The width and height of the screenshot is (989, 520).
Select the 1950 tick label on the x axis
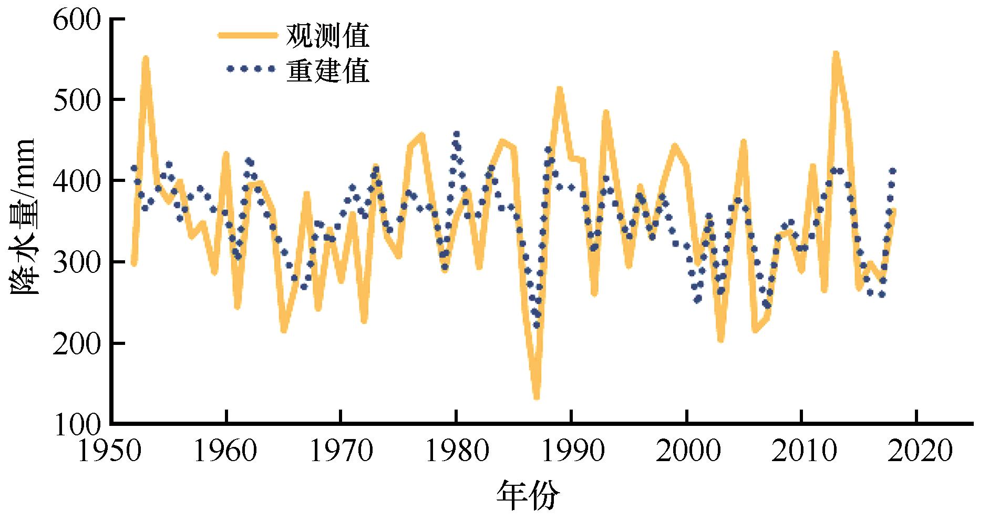click(111, 452)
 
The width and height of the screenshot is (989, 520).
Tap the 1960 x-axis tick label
click(226, 452)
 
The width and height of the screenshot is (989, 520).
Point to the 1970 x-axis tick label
click(341, 452)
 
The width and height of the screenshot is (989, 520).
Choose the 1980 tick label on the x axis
click(456, 452)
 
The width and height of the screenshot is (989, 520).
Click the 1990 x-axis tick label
click(571, 452)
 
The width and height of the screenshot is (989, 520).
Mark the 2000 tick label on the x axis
click(686, 452)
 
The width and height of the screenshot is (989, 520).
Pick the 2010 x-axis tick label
click(801, 452)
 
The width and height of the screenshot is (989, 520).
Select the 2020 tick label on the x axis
click(916, 452)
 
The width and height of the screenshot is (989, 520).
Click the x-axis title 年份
click(528, 495)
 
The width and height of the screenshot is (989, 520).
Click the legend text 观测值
click(327, 36)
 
